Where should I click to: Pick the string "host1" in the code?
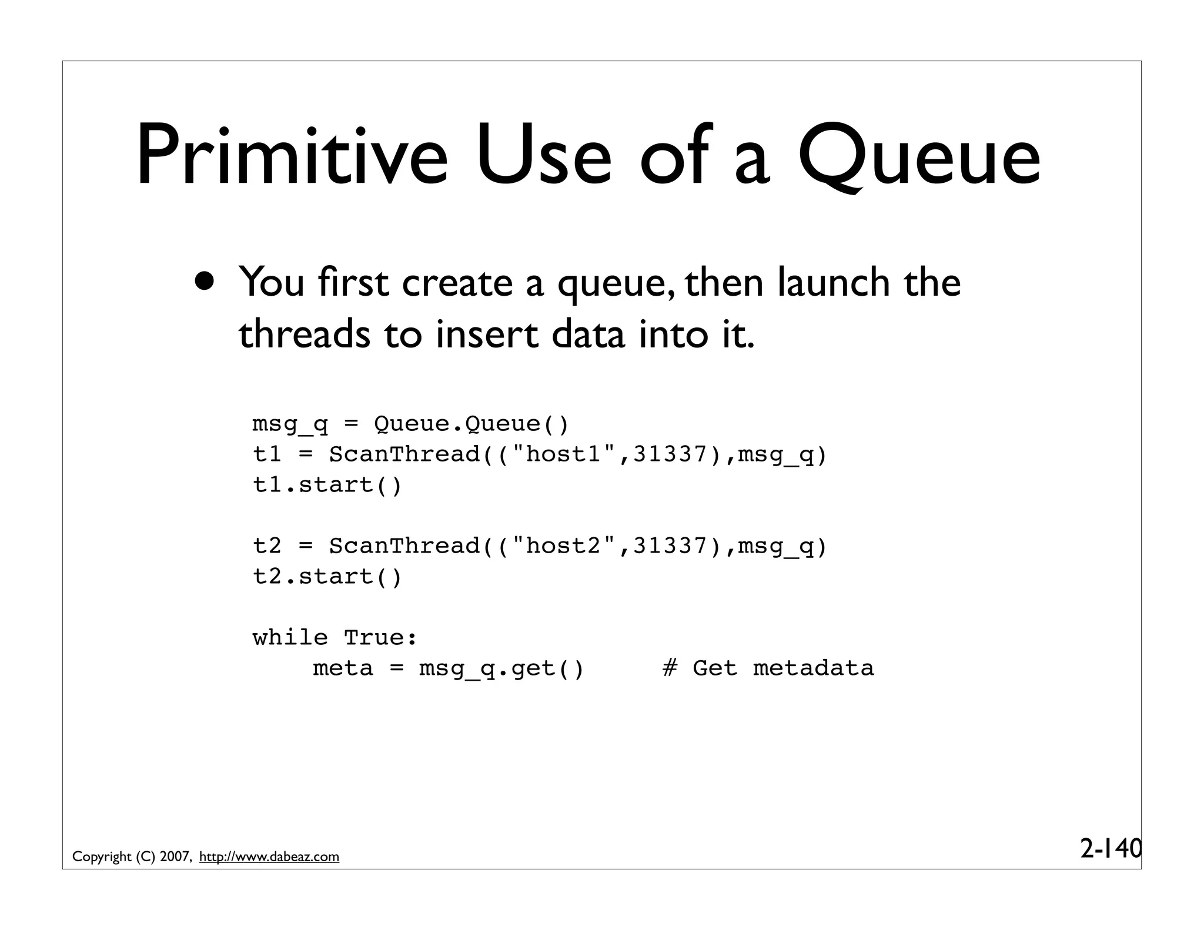(x=564, y=454)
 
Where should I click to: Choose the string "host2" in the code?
(x=564, y=546)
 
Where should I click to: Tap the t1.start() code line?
(x=327, y=485)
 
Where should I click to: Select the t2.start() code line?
(x=327, y=577)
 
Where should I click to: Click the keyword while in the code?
(x=290, y=638)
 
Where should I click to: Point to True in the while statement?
(x=380, y=638)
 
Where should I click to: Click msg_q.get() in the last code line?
(x=501, y=669)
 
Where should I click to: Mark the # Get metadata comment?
(x=768, y=668)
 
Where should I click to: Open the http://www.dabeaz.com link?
(x=269, y=857)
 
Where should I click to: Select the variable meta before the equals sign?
(x=343, y=668)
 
